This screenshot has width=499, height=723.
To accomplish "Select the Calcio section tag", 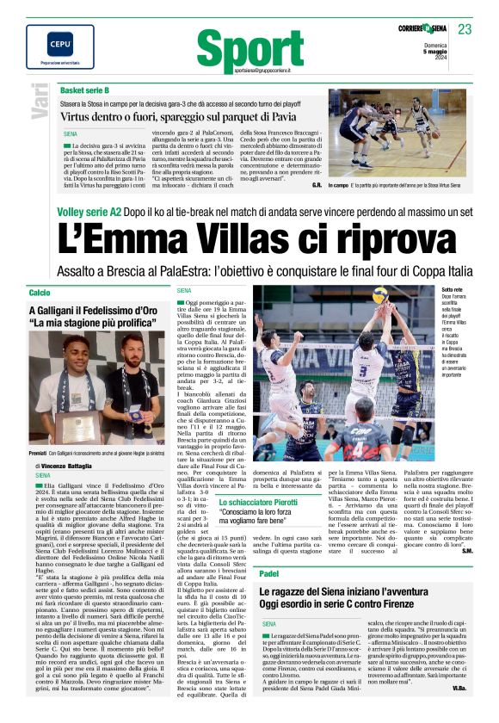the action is (40, 294).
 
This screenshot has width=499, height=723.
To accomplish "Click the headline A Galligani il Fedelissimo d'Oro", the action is (89, 311).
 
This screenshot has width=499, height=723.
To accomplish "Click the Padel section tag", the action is (268, 572).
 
